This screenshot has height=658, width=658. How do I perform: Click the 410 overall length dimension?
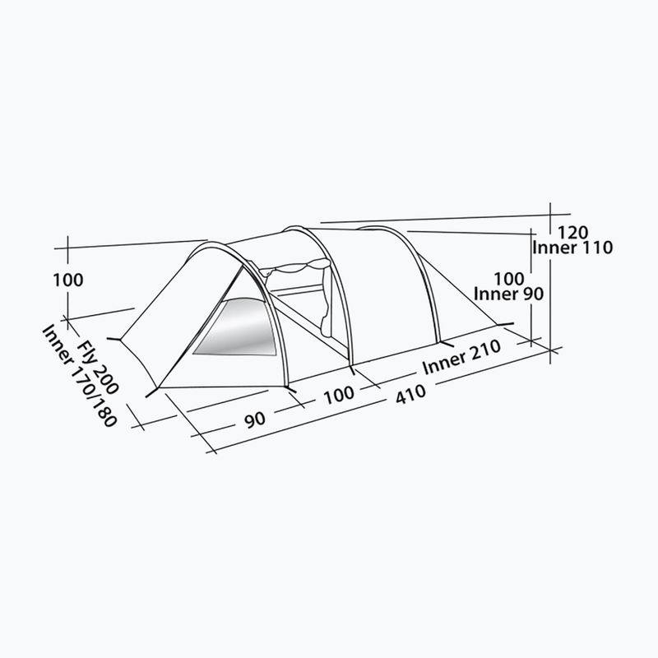tap(410, 395)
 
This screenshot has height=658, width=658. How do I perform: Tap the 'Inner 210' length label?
tap(461, 357)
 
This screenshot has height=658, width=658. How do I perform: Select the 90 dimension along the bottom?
tap(255, 419)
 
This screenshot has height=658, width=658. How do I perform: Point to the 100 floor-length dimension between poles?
tap(339, 395)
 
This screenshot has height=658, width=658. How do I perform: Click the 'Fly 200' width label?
tap(98, 367)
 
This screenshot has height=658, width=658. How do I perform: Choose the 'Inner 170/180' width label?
tap(79, 376)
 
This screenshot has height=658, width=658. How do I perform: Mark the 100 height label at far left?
tap(68, 280)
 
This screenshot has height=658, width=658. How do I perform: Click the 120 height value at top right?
tap(572, 233)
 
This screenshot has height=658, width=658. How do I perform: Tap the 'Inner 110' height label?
tap(572, 248)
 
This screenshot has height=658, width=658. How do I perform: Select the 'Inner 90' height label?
tap(508, 294)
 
